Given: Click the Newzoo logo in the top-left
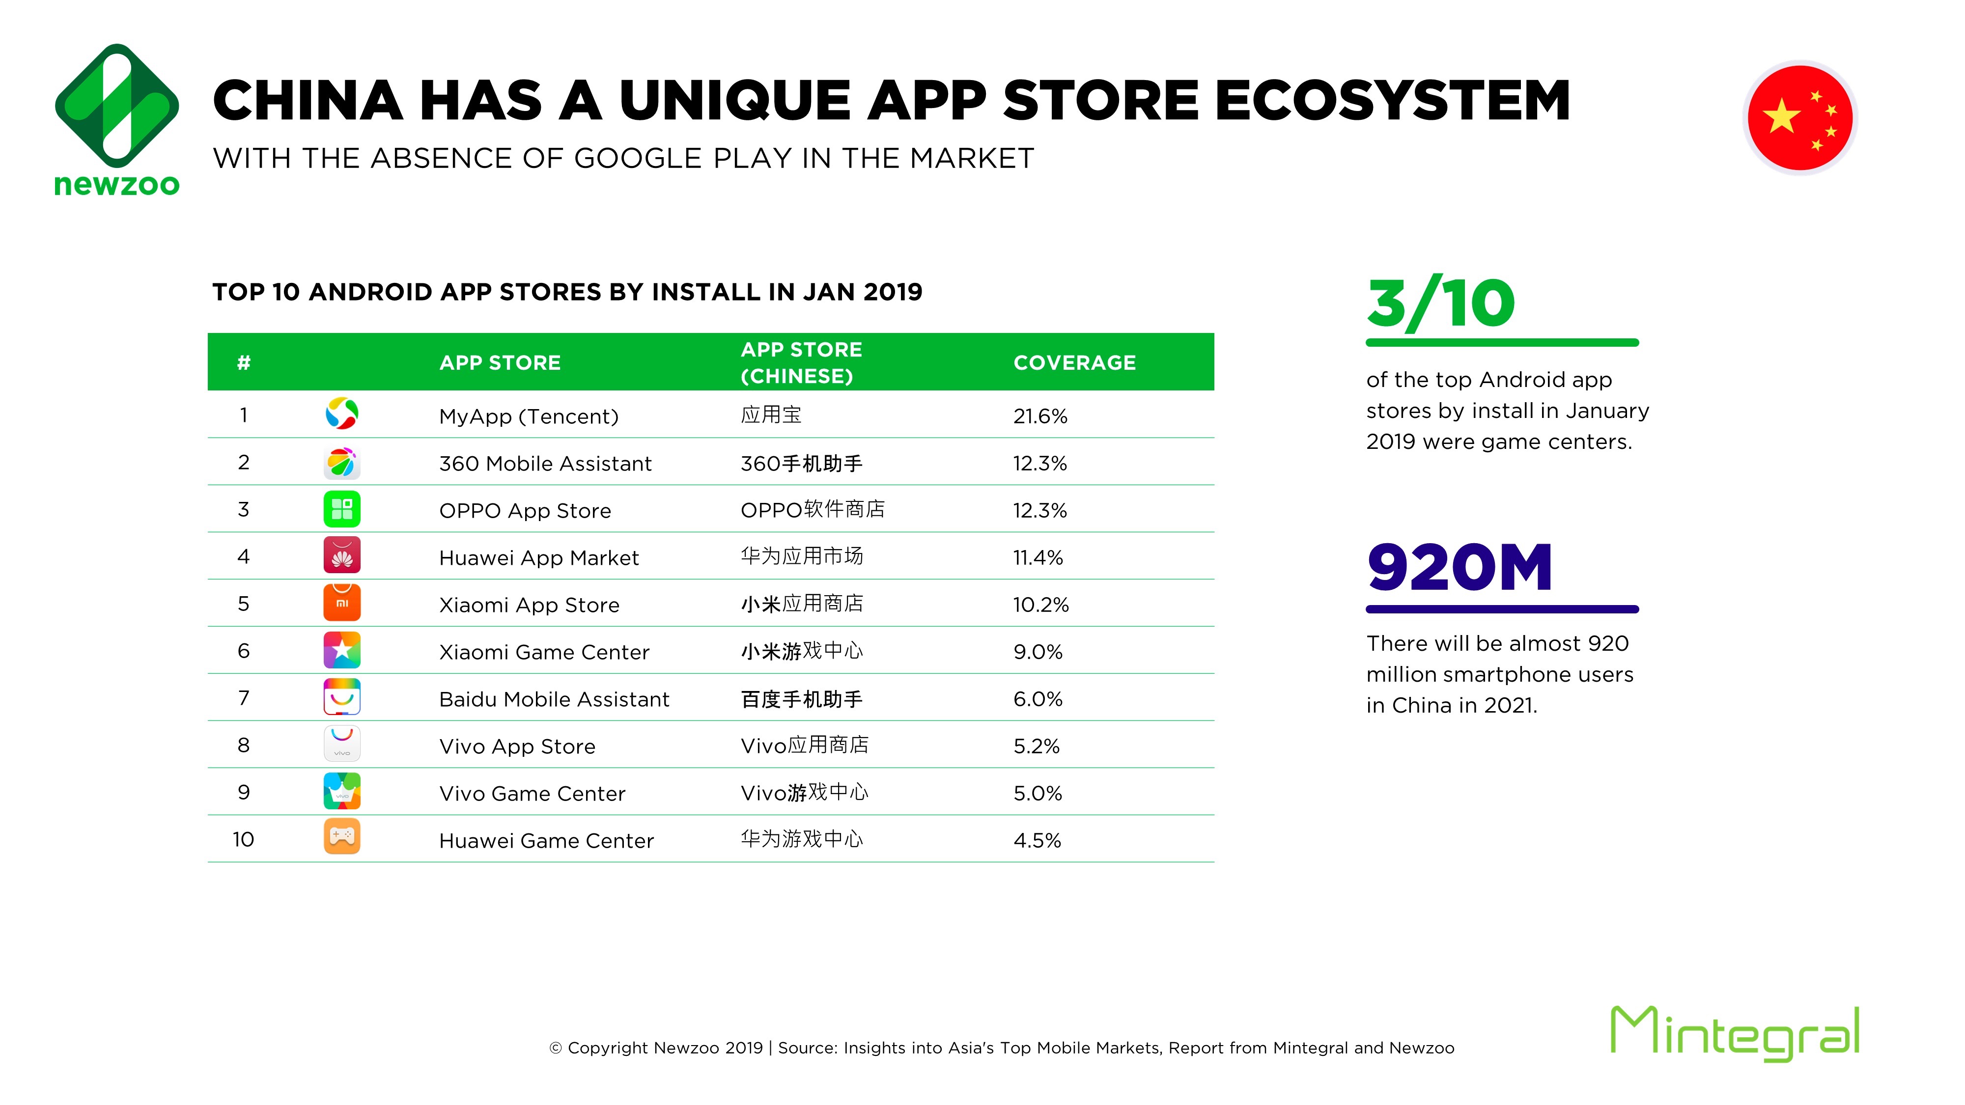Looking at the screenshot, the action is coord(117,120).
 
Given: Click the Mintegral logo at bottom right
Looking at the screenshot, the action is coord(1735,1033).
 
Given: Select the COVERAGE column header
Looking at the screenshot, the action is coord(1074,363).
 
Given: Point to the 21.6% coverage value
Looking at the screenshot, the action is coord(1039,416).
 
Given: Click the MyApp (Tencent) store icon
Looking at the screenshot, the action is coord(342,414).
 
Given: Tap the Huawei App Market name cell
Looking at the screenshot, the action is coord(538,558).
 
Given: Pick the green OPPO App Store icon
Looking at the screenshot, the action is coord(342,509).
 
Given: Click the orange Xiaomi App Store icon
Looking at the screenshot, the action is coord(342,603).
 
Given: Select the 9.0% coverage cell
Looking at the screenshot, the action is coord(1038,652).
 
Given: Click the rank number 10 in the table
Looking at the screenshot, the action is coord(243,840).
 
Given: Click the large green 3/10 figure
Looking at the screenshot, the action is coord(1440,304).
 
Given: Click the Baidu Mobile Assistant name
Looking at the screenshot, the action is coord(554,699).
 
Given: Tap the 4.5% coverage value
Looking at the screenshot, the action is coord(1037,840).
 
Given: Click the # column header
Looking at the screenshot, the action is coord(243,363).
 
